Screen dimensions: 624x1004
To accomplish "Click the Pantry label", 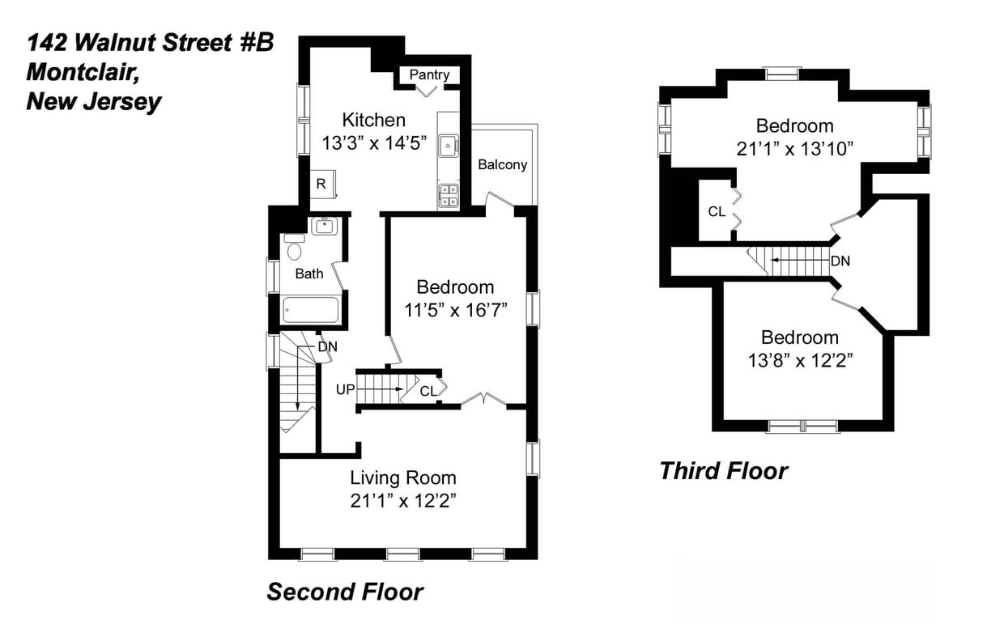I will coord(429,74).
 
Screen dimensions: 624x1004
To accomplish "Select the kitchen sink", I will coord(449,146).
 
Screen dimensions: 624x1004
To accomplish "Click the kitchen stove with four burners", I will coord(449,195).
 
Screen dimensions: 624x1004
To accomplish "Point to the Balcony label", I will coord(502,164).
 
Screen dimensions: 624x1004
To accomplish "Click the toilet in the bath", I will coord(294,248).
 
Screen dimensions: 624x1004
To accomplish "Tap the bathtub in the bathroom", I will coord(310,310).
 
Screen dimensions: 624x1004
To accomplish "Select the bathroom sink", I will coord(325,226).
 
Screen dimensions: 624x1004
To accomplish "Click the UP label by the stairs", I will coord(346,390).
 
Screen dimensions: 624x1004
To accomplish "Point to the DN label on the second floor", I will coord(327,346).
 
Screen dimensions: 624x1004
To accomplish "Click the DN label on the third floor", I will coord(840,261).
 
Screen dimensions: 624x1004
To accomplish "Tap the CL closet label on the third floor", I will coord(717,212).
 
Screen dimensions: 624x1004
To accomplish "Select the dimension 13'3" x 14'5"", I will coord(374,144).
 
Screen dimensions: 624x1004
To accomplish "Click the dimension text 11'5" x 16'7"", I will coord(455,310).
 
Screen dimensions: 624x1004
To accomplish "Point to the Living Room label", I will coord(402,478).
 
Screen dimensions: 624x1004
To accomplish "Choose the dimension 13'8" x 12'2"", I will coord(799,360).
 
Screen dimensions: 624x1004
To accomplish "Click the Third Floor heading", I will coord(722,470).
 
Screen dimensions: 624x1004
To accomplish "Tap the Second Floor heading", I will coord(345,592).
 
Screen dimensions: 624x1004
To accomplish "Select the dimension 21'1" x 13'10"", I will coord(794,149).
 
